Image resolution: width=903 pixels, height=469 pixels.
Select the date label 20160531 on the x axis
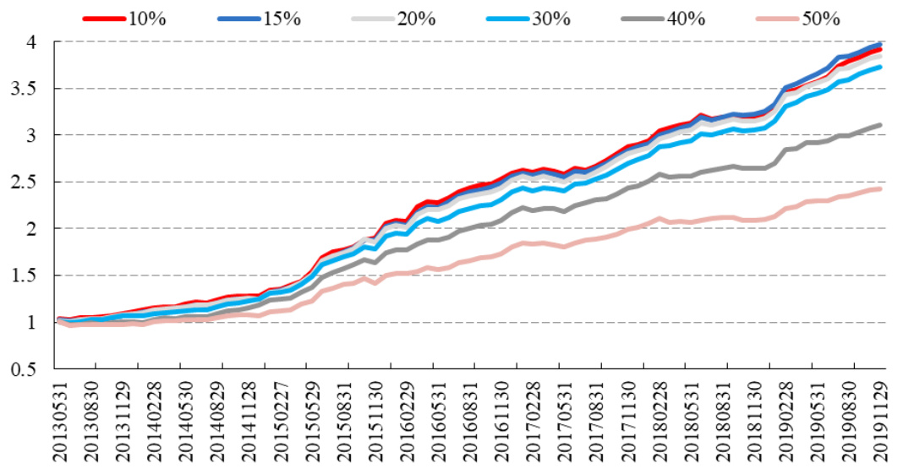(x=437, y=420)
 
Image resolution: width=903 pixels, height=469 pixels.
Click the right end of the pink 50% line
(x=880, y=188)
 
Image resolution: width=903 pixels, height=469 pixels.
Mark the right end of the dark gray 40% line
(x=880, y=125)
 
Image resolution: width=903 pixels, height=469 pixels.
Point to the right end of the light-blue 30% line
(x=880, y=67)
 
